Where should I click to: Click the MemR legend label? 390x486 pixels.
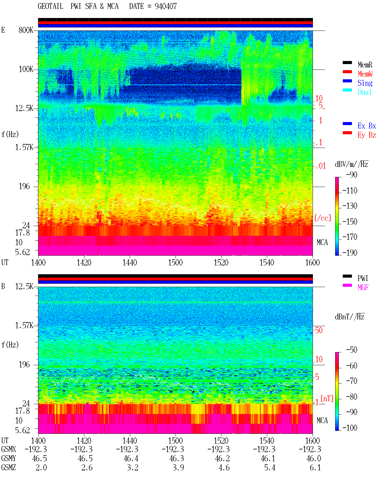[365, 65]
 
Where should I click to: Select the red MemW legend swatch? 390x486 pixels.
[347, 72]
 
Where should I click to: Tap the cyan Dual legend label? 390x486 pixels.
[364, 92]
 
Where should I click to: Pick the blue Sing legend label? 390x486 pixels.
[365, 83]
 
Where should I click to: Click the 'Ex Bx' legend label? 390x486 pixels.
[367, 126]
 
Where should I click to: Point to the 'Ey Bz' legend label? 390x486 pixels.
[367, 135]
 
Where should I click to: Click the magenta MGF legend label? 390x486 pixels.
[363, 287]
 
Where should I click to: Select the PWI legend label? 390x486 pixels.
[363, 278]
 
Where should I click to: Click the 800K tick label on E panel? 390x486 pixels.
[26, 30]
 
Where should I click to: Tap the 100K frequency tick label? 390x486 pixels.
[26, 69]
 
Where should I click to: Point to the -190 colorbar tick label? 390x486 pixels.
[350, 253]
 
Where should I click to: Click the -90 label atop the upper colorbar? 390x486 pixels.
[352, 175]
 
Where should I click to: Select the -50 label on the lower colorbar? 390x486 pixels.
[352, 350]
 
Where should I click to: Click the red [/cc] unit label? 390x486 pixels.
[323, 218]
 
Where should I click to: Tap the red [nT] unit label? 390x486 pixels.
[327, 398]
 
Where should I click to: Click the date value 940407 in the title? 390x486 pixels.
[165, 6]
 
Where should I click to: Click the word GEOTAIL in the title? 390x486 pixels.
[51, 6]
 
